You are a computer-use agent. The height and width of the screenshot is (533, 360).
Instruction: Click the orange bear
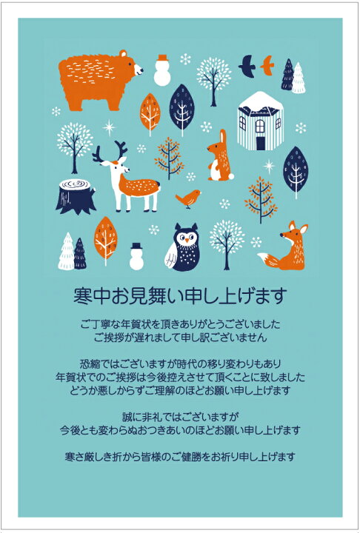click(x=96, y=80)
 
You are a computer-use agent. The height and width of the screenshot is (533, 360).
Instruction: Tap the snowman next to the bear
click(x=162, y=70)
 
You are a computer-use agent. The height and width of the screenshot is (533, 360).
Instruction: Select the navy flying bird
click(x=247, y=67)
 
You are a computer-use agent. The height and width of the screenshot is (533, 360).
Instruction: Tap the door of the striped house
click(x=260, y=141)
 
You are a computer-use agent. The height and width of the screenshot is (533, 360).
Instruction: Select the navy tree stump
click(x=76, y=195)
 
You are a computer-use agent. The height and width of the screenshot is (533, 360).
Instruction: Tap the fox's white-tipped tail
click(x=265, y=260)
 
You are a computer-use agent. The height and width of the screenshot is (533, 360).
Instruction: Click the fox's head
click(x=296, y=235)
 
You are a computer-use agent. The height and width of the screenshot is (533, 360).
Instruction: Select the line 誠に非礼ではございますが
click(x=180, y=415)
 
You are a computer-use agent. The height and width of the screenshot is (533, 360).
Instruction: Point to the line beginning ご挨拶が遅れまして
click(x=180, y=337)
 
